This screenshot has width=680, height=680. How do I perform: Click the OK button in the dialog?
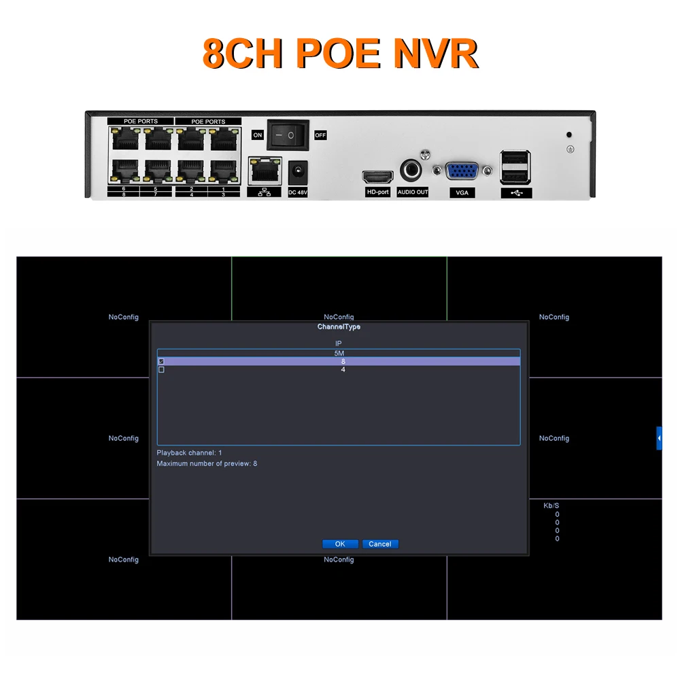pos(340,544)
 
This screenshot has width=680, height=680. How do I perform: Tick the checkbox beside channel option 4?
pos(161,370)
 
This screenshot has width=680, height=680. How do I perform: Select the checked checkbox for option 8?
pos(161,362)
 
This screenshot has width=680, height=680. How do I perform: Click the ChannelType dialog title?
pos(339,327)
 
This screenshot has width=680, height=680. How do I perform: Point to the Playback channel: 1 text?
pos(189,453)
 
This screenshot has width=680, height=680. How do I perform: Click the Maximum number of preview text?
pos(207,464)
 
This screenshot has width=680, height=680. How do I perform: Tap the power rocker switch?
pos(287,135)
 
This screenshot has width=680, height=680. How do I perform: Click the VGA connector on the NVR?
pos(462,171)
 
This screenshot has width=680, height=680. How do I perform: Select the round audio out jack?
pos(412,170)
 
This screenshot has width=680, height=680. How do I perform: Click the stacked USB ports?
pos(515,166)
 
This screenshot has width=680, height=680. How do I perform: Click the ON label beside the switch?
pos(257,135)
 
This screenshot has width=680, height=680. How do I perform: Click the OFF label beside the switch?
pos(320,135)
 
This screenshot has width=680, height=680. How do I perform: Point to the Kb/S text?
pos(551,506)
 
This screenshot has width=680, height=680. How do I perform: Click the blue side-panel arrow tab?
pos(659,438)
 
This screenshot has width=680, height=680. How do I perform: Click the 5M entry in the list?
pos(339,354)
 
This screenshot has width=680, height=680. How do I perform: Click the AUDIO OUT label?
pos(413,192)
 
